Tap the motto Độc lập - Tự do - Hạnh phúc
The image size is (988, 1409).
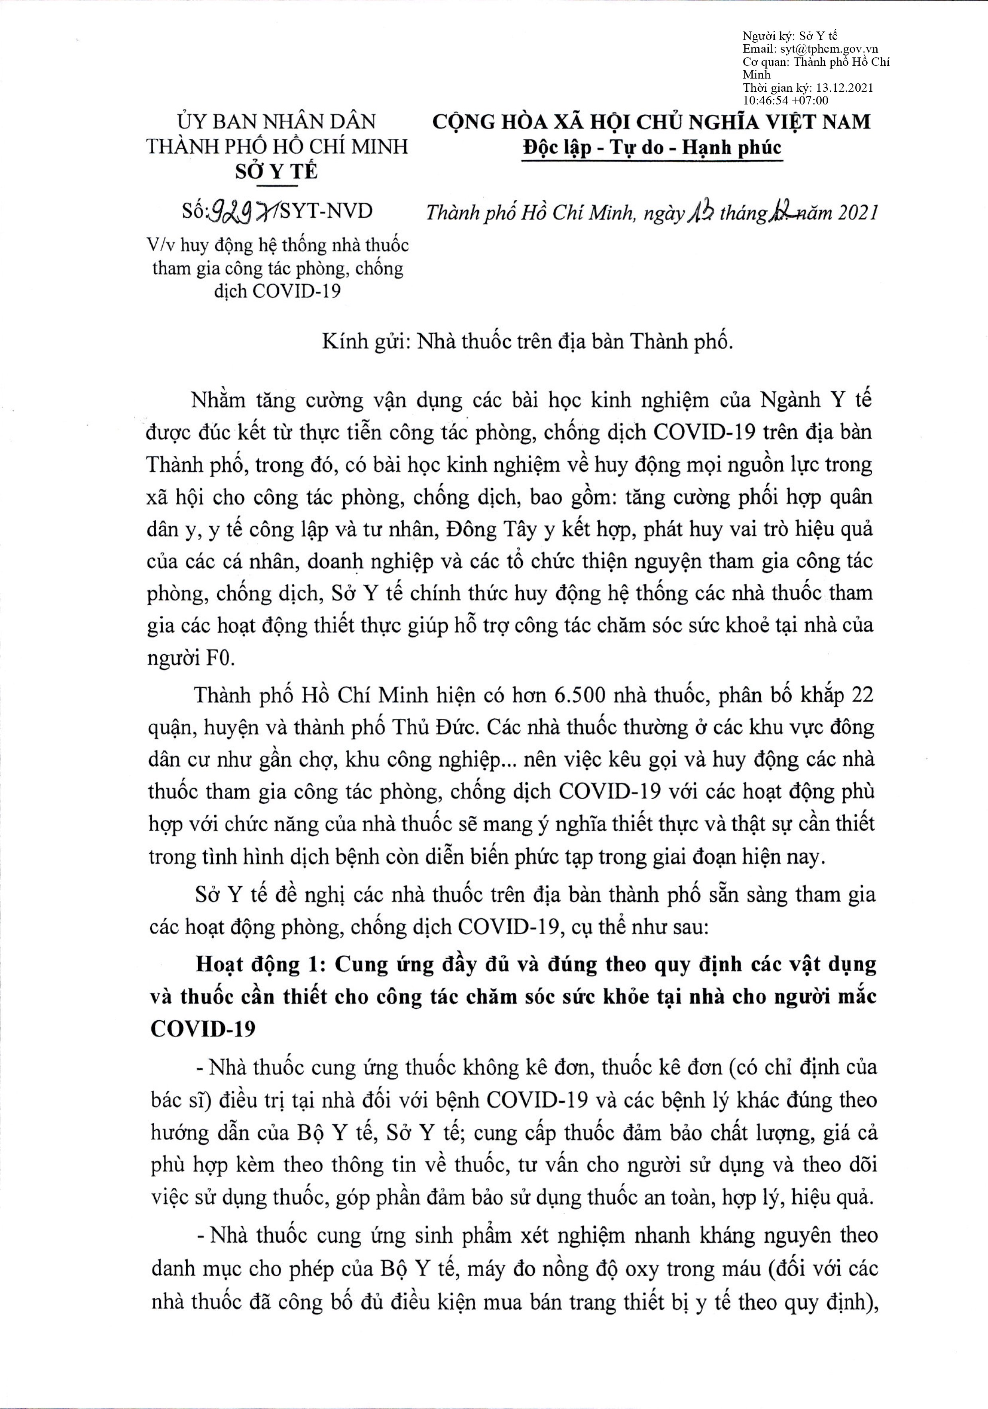651,148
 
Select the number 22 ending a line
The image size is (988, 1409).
859,696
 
